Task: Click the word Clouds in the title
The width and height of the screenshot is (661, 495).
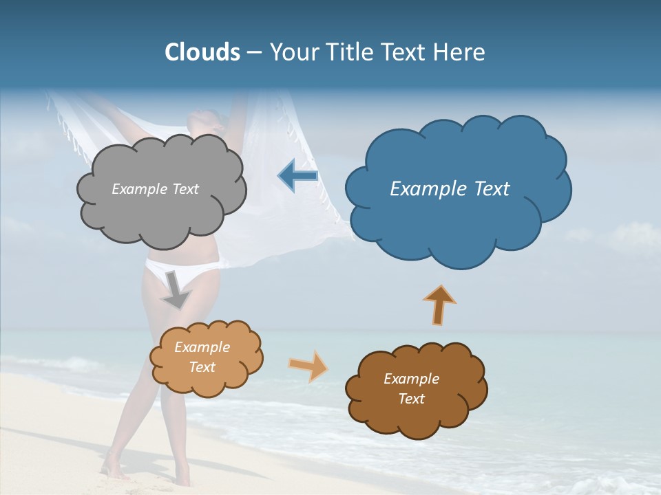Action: pos(202,52)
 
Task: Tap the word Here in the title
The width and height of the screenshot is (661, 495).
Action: pos(461,52)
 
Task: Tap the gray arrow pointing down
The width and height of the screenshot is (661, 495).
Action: pos(176,289)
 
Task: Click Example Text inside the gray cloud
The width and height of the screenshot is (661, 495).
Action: pos(155,189)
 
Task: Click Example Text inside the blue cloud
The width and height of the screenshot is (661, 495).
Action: pos(450,189)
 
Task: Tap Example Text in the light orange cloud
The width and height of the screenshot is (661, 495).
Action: pos(202,357)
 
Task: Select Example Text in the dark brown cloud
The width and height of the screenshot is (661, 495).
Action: pos(411,388)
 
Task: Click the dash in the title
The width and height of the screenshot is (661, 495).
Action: pos(253,52)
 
